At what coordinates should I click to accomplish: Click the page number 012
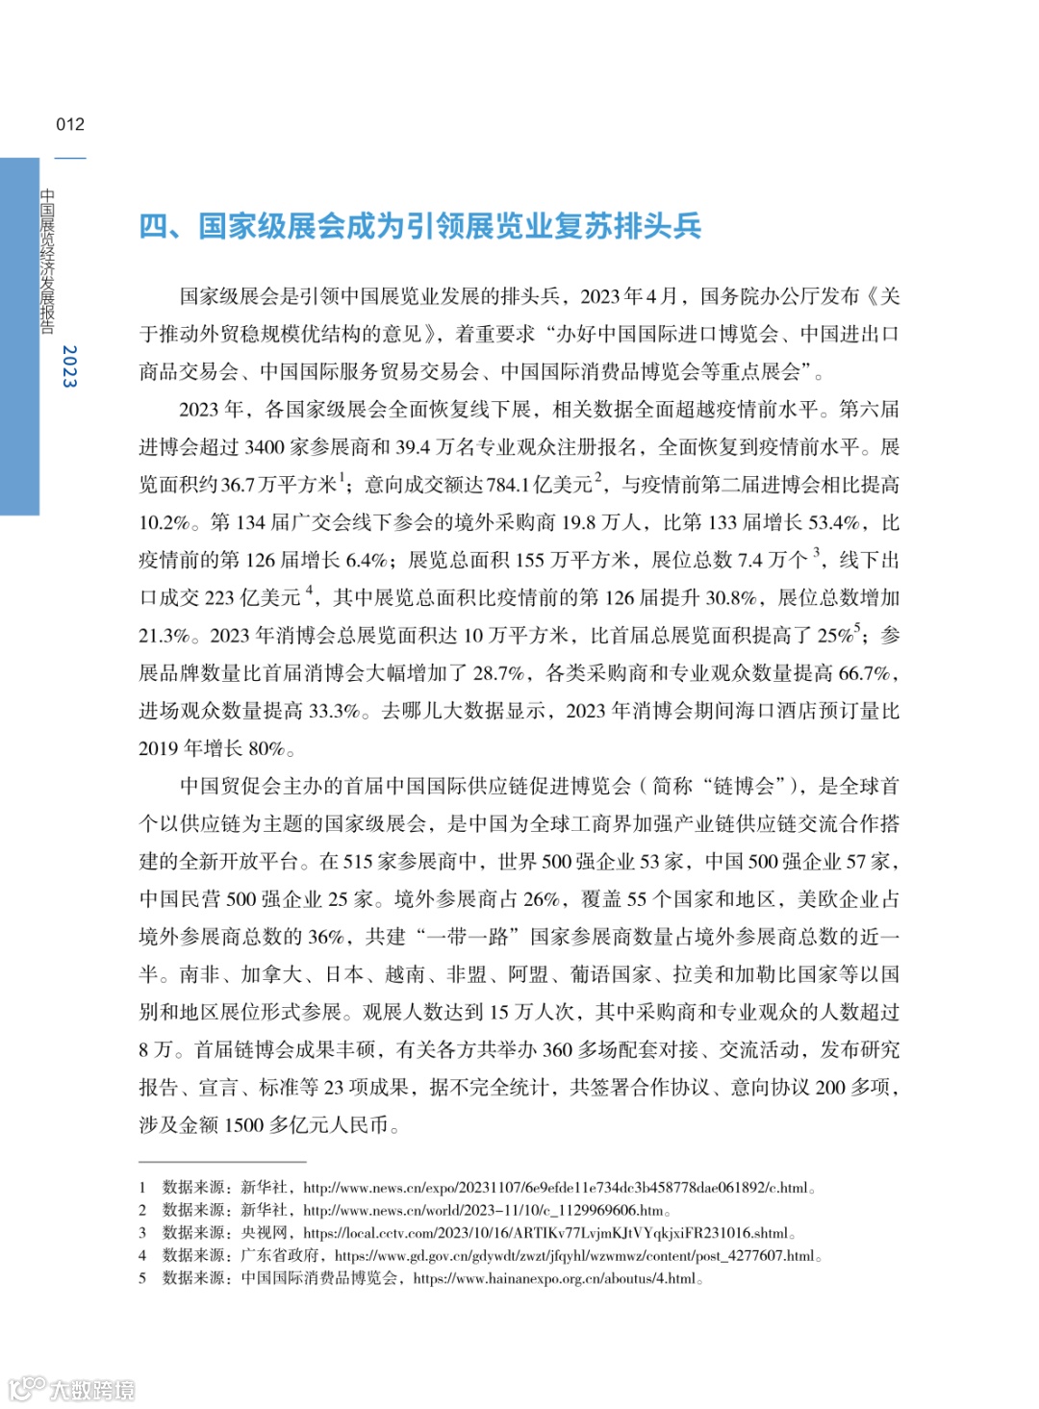(70, 124)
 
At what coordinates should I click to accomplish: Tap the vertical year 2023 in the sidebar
(69, 366)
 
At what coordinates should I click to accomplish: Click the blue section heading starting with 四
(420, 227)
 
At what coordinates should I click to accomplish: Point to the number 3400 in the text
(266, 447)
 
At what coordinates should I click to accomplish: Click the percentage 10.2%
(165, 522)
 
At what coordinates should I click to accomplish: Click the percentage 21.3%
(165, 636)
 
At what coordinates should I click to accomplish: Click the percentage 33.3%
(332, 711)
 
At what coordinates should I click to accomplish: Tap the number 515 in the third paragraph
(359, 862)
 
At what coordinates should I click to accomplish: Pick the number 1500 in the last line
(244, 1125)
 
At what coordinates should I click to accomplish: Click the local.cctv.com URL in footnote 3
(548, 1233)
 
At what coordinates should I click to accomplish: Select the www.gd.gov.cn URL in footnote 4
(577, 1256)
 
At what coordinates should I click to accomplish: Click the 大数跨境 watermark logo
(72, 1390)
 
